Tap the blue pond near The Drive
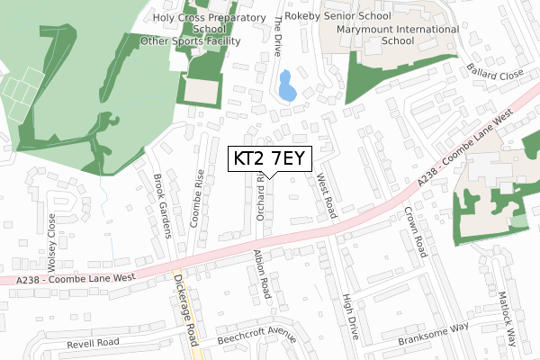click(286, 85)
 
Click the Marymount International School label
click(398, 34)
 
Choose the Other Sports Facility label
click(190, 40)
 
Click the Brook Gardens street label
click(163, 206)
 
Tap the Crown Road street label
click(413, 232)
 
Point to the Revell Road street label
click(93, 343)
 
